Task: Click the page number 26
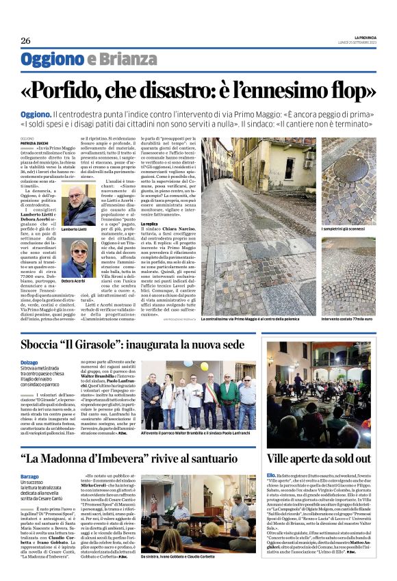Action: coord(25,40)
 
